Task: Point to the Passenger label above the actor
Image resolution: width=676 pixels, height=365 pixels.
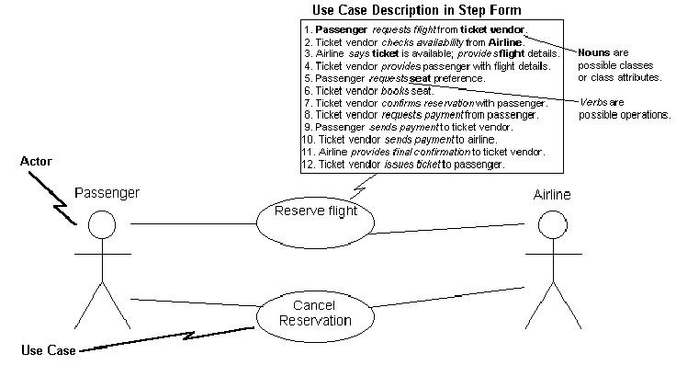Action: point(107,193)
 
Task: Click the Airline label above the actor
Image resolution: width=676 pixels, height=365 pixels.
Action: point(552,195)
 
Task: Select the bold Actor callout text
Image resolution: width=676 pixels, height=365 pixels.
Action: point(36,162)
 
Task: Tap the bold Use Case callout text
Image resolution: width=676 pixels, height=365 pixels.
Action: point(49,350)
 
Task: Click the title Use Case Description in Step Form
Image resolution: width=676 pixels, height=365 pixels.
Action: point(416,10)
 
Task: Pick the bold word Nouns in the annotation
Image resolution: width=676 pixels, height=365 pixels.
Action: point(594,52)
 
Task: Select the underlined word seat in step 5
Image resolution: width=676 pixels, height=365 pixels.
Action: point(420,78)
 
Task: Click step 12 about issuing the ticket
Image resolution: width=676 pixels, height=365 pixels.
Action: point(402,165)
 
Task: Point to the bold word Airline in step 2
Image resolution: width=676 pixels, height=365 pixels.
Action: point(505,42)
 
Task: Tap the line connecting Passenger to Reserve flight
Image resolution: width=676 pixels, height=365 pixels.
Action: point(194,224)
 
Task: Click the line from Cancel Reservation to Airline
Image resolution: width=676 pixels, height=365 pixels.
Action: point(448,297)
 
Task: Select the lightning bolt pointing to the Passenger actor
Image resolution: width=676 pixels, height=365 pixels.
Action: point(53,198)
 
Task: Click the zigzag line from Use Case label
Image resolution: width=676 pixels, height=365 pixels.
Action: point(167,338)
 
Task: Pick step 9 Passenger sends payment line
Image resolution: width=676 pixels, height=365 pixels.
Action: point(408,127)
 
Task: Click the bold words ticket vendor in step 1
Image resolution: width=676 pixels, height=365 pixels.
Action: point(493,29)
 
